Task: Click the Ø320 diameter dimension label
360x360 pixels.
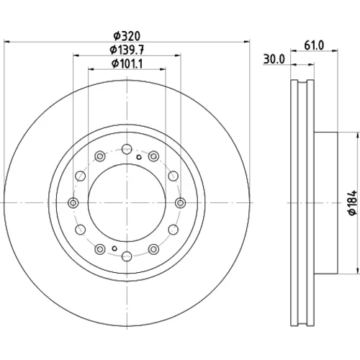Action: [x=127, y=36]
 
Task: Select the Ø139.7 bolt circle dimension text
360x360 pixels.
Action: [x=127, y=50]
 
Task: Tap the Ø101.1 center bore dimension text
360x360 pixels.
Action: [x=127, y=64]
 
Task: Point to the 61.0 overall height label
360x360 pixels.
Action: [x=314, y=45]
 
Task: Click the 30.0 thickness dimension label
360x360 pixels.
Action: [x=274, y=59]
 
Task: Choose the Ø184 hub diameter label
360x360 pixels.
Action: [x=353, y=203]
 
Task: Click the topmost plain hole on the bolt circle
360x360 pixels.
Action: [x=127, y=149]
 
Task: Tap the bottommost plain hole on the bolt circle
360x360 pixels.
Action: [x=127, y=256]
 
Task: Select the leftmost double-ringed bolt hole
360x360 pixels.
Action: [x=73, y=203]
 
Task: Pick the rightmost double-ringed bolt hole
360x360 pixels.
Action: [x=180, y=203]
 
